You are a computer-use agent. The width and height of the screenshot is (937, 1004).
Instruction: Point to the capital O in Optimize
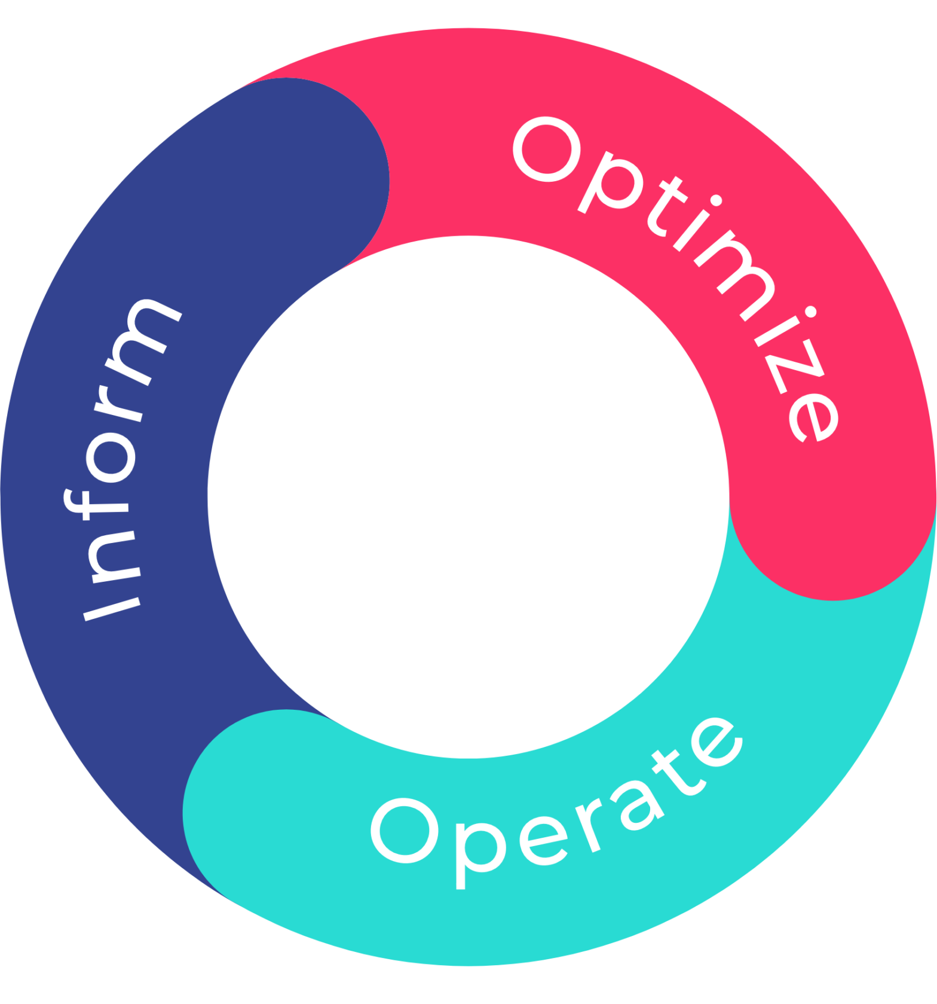pyautogui.click(x=547, y=149)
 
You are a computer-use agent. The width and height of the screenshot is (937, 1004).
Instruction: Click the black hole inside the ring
pyautogui.click(x=468, y=496)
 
